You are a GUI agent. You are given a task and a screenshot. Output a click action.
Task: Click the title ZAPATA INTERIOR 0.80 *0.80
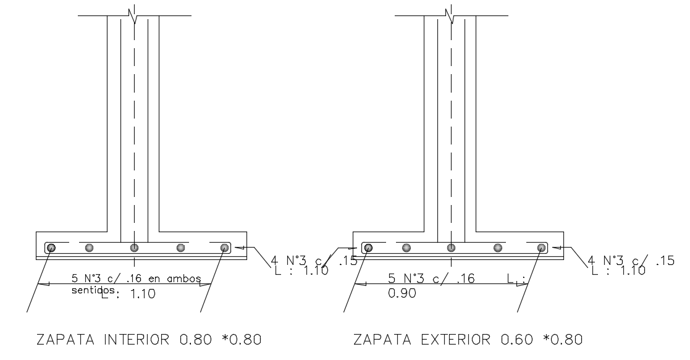[149, 340]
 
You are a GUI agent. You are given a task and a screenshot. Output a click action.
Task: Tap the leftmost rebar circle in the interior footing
[51, 248]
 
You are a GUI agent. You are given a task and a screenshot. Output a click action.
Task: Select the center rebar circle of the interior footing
[134, 248]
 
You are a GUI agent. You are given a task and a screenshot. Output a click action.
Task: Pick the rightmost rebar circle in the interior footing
[224, 248]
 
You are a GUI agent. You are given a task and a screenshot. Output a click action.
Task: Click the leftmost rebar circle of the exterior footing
[368, 248]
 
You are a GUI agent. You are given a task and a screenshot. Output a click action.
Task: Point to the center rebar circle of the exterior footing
[452, 248]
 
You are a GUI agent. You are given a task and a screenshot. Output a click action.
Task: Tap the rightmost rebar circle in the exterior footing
[541, 248]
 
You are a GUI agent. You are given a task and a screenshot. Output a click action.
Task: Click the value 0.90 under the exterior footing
[402, 294]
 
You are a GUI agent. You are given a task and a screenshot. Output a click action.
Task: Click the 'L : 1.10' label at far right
[618, 270]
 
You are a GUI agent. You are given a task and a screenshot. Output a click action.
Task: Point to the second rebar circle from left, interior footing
[90, 248]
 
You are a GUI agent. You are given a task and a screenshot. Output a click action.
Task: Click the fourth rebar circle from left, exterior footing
[497, 248]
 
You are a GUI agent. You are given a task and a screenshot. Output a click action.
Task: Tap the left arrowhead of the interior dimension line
[43, 284]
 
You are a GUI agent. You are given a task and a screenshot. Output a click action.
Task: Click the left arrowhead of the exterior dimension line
[361, 284]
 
